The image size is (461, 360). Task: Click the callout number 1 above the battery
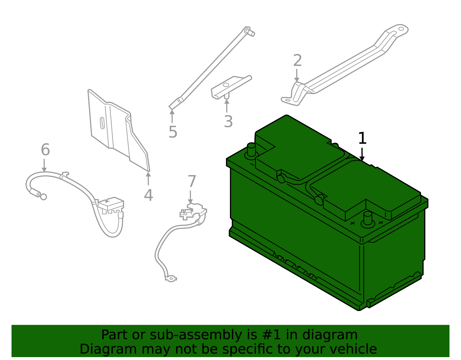(362, 138)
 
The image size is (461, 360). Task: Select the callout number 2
(297, 61)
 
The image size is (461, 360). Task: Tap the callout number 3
(228, 122)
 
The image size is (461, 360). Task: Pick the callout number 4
(148, 195)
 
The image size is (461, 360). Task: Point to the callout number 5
(173, 132)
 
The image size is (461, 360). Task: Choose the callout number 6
(45, 150)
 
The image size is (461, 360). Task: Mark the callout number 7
(192, 181)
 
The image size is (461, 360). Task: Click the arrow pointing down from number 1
(362, 154)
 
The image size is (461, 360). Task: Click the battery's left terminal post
(252, 149)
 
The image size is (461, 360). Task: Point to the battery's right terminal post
(368, 218)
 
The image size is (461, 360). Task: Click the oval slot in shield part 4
(102, 123)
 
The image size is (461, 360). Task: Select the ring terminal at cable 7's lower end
(171, 279)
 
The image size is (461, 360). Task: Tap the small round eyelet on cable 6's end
(44, 197)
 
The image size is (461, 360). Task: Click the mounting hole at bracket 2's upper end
(401, 29)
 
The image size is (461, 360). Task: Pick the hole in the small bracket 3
(226, 85)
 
